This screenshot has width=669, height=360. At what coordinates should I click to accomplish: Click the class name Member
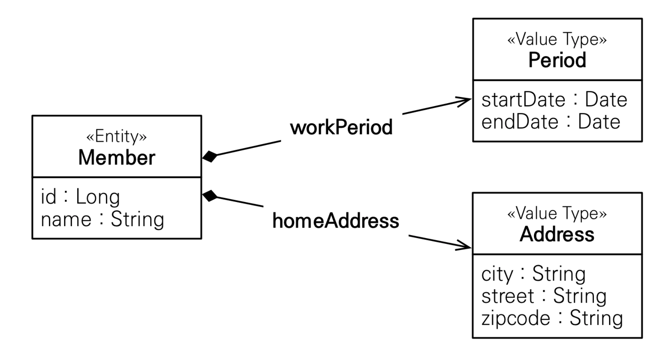coord(117,158)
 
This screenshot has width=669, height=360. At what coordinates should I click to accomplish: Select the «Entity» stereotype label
coord(117,137)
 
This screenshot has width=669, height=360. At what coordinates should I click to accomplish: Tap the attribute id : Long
coord(80,197)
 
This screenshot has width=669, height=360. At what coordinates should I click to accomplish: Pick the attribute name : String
coord(102,219)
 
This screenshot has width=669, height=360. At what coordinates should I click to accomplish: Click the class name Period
coord(557,60)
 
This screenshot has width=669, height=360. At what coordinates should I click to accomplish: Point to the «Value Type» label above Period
coord(557,40)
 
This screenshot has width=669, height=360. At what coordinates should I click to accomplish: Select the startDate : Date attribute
coord(554,100)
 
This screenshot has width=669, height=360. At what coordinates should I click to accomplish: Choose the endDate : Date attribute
coord(551,122)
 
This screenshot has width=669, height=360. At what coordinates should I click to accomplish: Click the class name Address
coord(557,234)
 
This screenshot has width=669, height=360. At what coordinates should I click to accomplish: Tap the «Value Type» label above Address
coord(557,214)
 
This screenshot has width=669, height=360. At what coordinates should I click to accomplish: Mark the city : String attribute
coord(533,274)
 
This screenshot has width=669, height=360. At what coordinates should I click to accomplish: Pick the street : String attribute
coord(544,296)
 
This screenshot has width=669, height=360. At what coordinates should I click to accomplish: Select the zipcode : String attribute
coord(552,318)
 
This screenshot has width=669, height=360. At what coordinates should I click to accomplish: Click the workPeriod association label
coord(341,127)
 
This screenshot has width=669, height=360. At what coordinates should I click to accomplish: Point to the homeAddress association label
coord(336,221)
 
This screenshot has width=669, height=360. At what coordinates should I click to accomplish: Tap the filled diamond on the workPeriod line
coord(210,157)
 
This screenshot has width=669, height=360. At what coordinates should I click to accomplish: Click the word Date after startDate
coord(606,100)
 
